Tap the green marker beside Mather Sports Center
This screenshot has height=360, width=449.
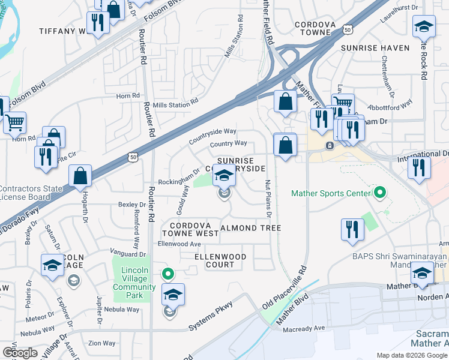[x=379, y=193]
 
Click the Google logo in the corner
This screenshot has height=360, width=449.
[x=20, y=353]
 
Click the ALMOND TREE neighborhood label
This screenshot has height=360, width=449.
[x=251, y=228]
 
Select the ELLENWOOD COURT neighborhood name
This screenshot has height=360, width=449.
[x=220, y=260]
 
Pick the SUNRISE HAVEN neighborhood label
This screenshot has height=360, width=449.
[x=375, y=47]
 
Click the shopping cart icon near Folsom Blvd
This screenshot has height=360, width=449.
[x=14, y=123]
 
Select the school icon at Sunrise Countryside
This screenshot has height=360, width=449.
[x=224, y=176]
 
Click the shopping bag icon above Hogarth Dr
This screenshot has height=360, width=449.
[x=80, y=176]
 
